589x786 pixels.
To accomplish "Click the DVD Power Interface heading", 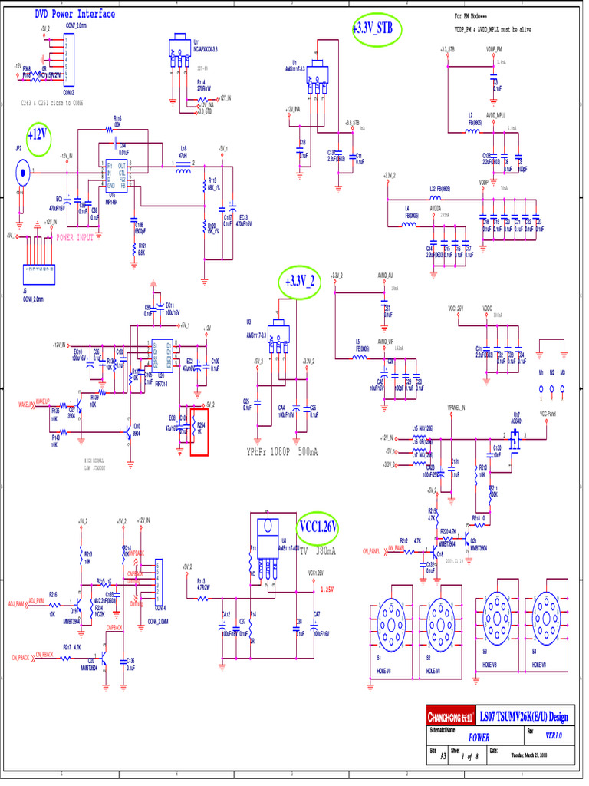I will tap(75, 14).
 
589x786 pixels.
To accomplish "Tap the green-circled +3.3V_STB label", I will tap(377, 29).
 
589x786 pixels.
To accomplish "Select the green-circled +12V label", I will tap(38, 134).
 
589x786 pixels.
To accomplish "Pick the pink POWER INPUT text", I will tap(75, 238).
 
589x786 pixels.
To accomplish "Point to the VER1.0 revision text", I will tap(554, 735).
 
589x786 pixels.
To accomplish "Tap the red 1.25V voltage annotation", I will tap(325, 589).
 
